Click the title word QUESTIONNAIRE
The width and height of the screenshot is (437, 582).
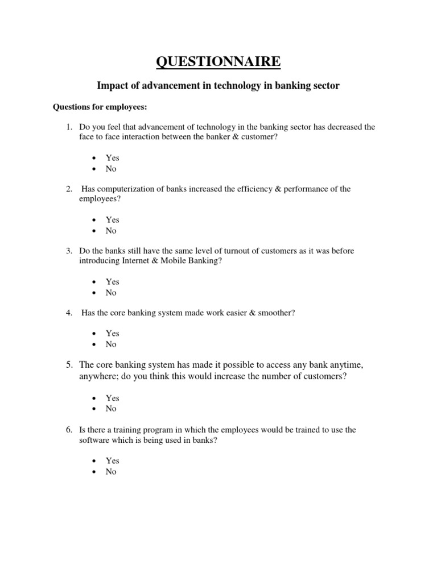tap(218, 61)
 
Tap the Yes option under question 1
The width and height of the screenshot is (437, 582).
tap(112, 158)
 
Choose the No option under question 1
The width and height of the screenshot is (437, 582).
tap(111, 169)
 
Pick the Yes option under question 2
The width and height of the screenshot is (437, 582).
tap(112, 220)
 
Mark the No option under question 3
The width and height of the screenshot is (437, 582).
tap(111, 293)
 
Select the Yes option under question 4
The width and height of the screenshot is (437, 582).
tap(112, 334)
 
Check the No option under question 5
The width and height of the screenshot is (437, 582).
tap(111, 409)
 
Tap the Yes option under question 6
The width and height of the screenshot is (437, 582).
tap(112, 461)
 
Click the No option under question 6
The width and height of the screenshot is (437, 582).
tap(111, 472)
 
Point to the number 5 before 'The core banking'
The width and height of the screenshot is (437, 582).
tap(68, 364)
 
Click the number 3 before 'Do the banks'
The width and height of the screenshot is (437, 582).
tap(68, 251)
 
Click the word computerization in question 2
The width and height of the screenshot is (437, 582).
tap(125, 189)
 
